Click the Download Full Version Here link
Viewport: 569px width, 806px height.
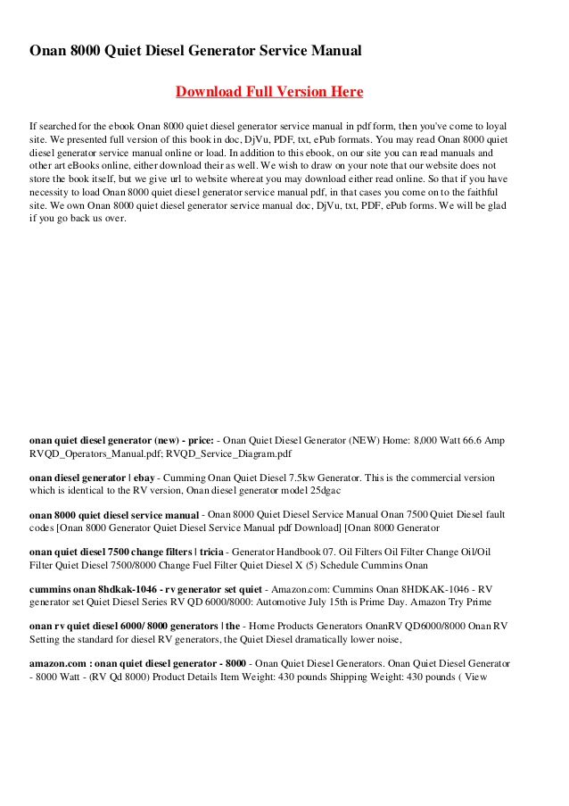(269, 91)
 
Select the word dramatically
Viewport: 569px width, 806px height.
(318, 640)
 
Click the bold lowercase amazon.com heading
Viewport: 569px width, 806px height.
(56, 665)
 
